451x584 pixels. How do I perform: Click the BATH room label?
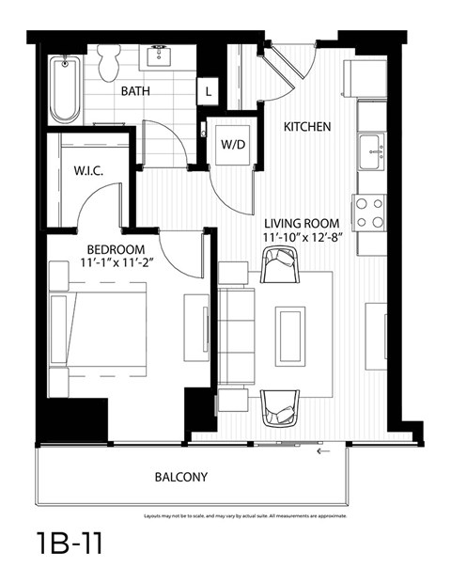(x=136, y=91)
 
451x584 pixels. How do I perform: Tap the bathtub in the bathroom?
(x=65, y=89)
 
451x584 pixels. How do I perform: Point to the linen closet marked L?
(x=207, y=91)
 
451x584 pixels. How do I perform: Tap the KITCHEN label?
(x=307, y=125)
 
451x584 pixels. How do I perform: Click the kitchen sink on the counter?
(x=373, y=148)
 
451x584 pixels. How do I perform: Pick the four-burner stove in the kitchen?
(x=370, y=212)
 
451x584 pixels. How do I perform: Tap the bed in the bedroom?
(x=99, y=334)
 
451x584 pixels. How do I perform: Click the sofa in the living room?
(x=240, y=339)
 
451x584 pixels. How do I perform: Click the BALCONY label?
(x=180, y=477)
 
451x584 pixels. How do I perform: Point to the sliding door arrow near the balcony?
(x=325, y=450)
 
